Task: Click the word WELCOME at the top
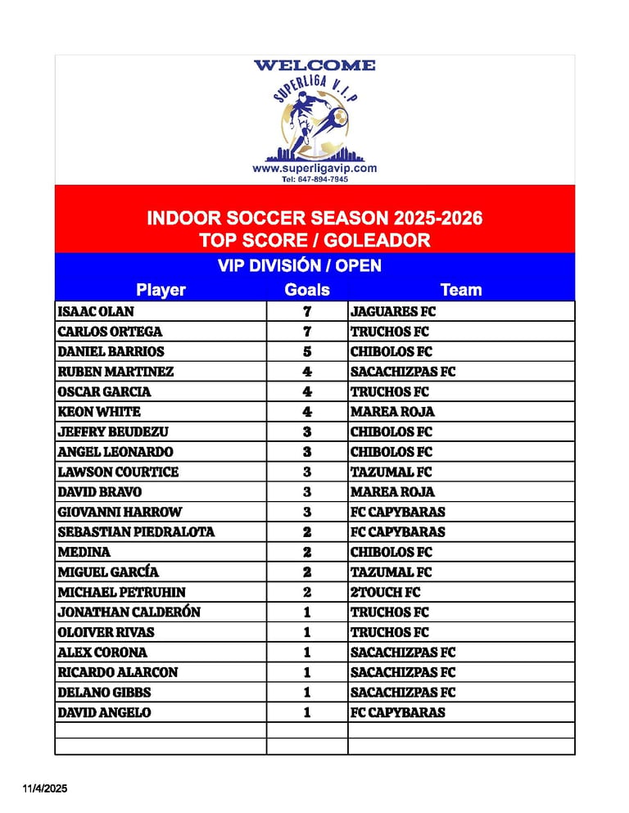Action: click(314, 65)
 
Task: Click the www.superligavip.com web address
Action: click(314, 168)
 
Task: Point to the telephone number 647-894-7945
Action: click(314, 178)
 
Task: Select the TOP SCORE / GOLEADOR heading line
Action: click(314, 240)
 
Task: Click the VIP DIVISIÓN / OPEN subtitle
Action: click(299, 266)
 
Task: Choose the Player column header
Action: click(161, 290)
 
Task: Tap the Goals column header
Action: click(307, 290)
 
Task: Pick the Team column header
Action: click(461, 290)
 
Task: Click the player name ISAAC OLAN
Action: click(96, 312)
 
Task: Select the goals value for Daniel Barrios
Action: click(307, 352)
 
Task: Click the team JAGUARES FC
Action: click(393, 312)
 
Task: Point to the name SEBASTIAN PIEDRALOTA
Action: click(136, 532)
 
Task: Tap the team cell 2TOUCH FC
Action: click(385, 592)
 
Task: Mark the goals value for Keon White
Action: click(307, 412)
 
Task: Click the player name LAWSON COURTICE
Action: click(118, 472)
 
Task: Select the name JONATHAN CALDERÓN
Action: click(129, 612)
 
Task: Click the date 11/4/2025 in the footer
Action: click(45, 788)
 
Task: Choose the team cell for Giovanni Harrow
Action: click(398, 513)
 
